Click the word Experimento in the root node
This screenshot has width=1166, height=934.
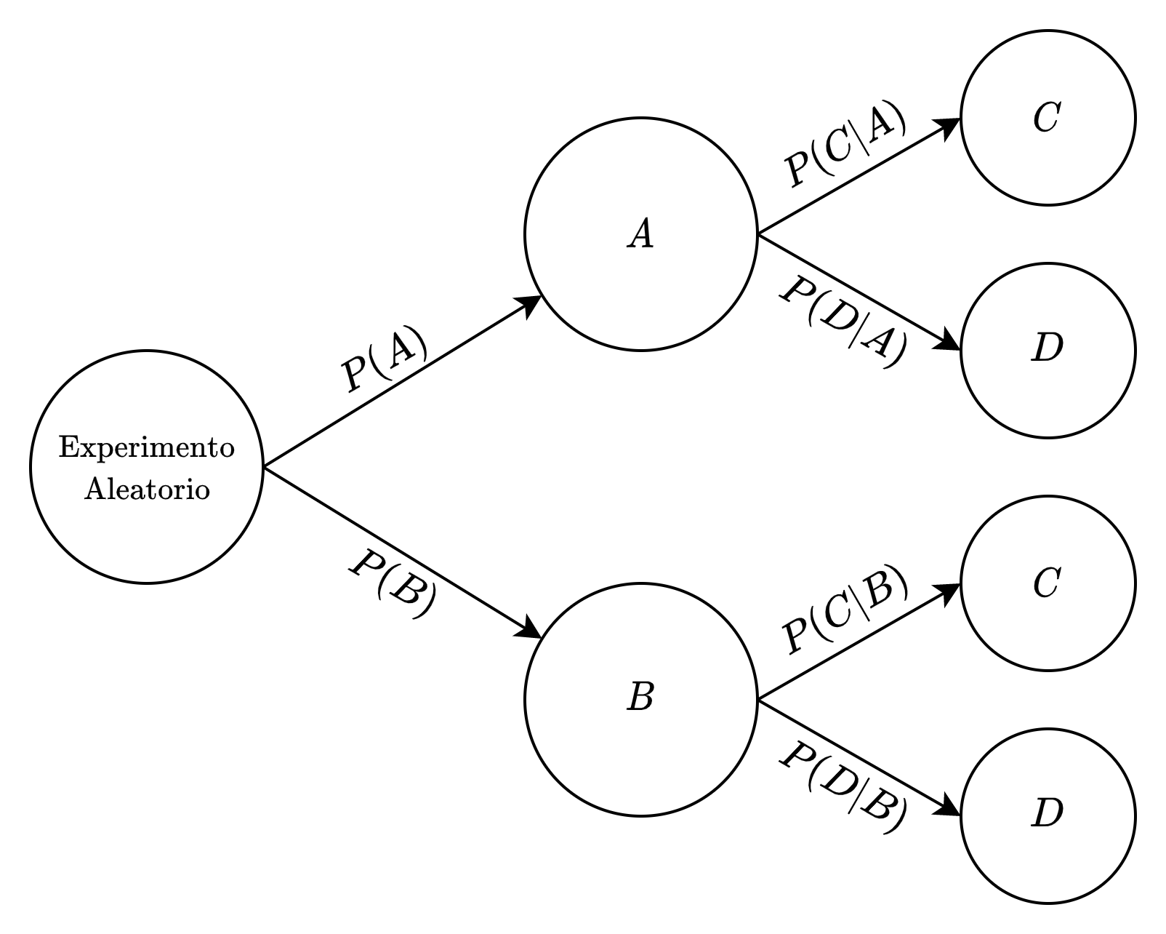point(146,448)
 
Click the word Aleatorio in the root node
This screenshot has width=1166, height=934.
point(146,489)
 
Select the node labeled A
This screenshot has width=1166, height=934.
point(640,234)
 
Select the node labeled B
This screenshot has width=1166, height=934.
point(640,699)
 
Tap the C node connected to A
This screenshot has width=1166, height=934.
point(1048,118)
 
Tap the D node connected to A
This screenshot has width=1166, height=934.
point(1048,350)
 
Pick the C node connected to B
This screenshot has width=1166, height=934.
point(1048,583)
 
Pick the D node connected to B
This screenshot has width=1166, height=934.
point(1048,815)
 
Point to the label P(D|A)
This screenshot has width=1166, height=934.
point(843,319)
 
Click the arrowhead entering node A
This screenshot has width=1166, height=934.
point(529,303)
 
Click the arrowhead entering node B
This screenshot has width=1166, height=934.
point(529,630)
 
